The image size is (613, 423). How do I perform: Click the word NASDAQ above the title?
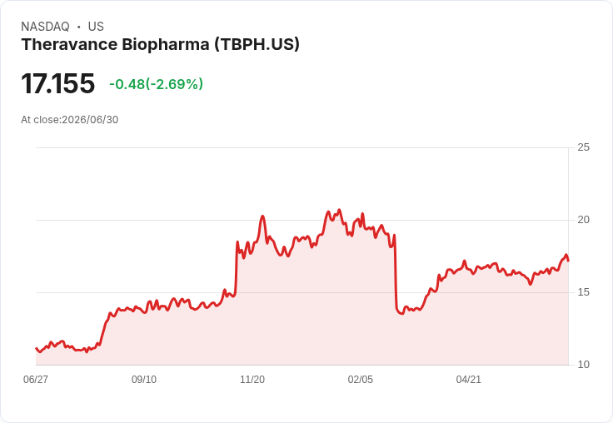click(45, 27)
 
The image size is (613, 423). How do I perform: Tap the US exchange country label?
click(96, 27)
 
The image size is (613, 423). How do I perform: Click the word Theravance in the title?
click(69, 44)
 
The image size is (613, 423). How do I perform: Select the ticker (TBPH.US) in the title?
click(257, 44)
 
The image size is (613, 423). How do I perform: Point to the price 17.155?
click(57, 83)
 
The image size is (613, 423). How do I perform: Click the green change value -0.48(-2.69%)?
click(156, 84)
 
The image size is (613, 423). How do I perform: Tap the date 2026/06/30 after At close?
click(90, 120)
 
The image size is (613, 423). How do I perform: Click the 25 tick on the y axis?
click(583, 147)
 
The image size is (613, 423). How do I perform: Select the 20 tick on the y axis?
click(583, 220)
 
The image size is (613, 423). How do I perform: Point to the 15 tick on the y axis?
click(583, 292)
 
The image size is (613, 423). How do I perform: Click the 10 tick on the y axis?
click(583, 365)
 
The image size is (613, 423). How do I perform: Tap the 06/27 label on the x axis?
click(36, 379)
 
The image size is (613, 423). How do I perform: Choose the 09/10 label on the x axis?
click(144, 379)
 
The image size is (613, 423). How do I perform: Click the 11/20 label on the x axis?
click(252, 379)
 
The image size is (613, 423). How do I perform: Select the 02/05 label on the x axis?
click(361, 379)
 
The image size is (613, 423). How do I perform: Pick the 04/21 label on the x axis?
click(468, 379)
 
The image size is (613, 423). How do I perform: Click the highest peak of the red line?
click(339, 210)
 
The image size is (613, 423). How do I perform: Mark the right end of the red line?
click(568, 261)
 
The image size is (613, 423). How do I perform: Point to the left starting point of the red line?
click(37, 348)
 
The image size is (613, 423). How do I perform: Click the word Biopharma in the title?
click(166, 44)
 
